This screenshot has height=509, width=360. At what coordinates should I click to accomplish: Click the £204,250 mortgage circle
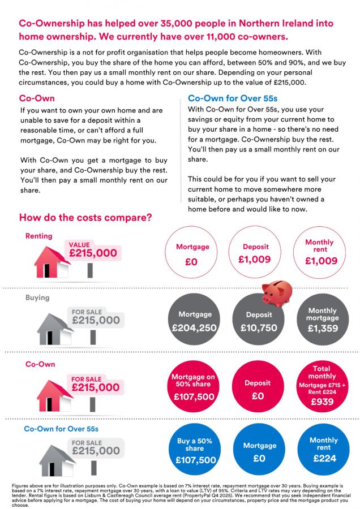(195, 321)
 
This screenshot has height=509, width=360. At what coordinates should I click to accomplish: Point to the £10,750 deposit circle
(258, 321)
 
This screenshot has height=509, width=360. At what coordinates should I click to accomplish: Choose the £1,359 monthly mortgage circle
(322, 321)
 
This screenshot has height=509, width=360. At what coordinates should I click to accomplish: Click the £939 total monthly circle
(322, 387)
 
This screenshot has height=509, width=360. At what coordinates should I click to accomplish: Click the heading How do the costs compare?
(85, 218)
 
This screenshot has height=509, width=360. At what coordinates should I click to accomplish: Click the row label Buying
(37, 297)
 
